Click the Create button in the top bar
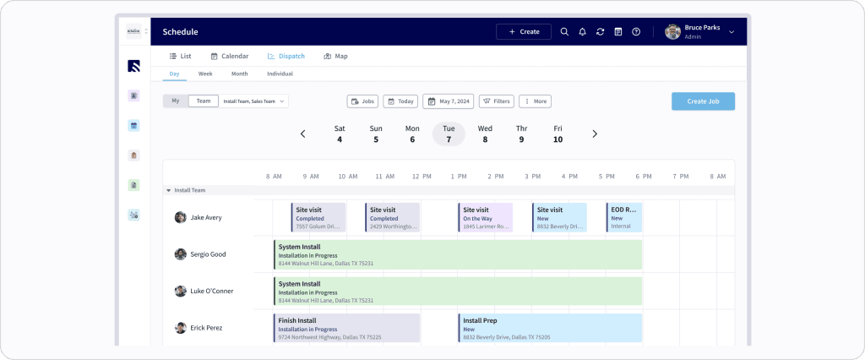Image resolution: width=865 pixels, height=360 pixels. pos(524,31)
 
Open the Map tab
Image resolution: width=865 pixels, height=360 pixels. pos(335,56)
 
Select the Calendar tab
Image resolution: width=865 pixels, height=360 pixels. pos(229,56)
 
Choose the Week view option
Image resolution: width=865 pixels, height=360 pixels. pos(205,74)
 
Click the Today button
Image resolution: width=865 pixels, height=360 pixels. pos(400,101)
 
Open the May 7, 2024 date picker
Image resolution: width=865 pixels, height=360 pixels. pos(448,101)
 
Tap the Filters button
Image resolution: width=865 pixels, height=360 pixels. pos(497,101)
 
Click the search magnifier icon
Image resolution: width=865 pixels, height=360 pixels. pos(564,31)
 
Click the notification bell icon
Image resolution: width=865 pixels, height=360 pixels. pos(582,31)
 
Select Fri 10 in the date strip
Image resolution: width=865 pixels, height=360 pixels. pos(558,134)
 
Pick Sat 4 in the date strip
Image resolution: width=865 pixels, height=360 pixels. pos(340,134)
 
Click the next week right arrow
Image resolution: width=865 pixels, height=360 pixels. pos(595,134)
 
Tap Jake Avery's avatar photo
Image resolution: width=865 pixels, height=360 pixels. pos(180,217)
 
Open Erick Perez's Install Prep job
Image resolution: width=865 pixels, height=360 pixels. pos(550,328)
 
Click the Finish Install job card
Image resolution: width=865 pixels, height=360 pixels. pos(346,328)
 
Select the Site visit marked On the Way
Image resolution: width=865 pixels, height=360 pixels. pos(486,217)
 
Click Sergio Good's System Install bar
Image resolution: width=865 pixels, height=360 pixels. pos(457,254)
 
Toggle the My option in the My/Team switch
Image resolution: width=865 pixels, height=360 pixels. pos(176,101)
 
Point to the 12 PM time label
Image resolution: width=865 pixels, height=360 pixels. pos(421,177)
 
